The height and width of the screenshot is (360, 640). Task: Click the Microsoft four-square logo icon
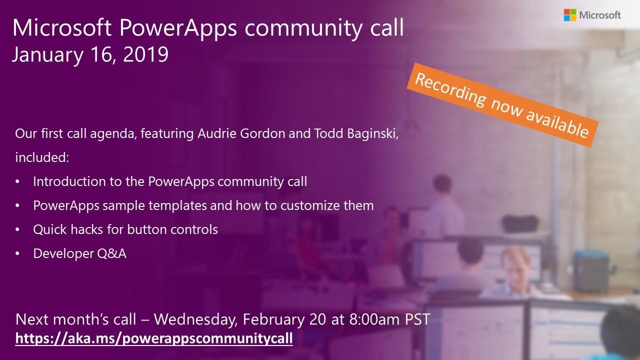click(x=569, y=15)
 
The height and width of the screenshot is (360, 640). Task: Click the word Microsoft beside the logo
click(x=600, y=15)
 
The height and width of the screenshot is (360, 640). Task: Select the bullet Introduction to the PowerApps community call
click(x=170, y=181)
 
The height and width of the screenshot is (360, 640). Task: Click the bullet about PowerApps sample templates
click(x=203, y=205)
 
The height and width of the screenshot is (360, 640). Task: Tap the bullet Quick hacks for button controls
click(x=125, y=229)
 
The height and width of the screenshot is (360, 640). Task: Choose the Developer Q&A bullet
click(x=79, y=253)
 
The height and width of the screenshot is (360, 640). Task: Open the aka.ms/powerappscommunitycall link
click(x=154, y=338)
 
